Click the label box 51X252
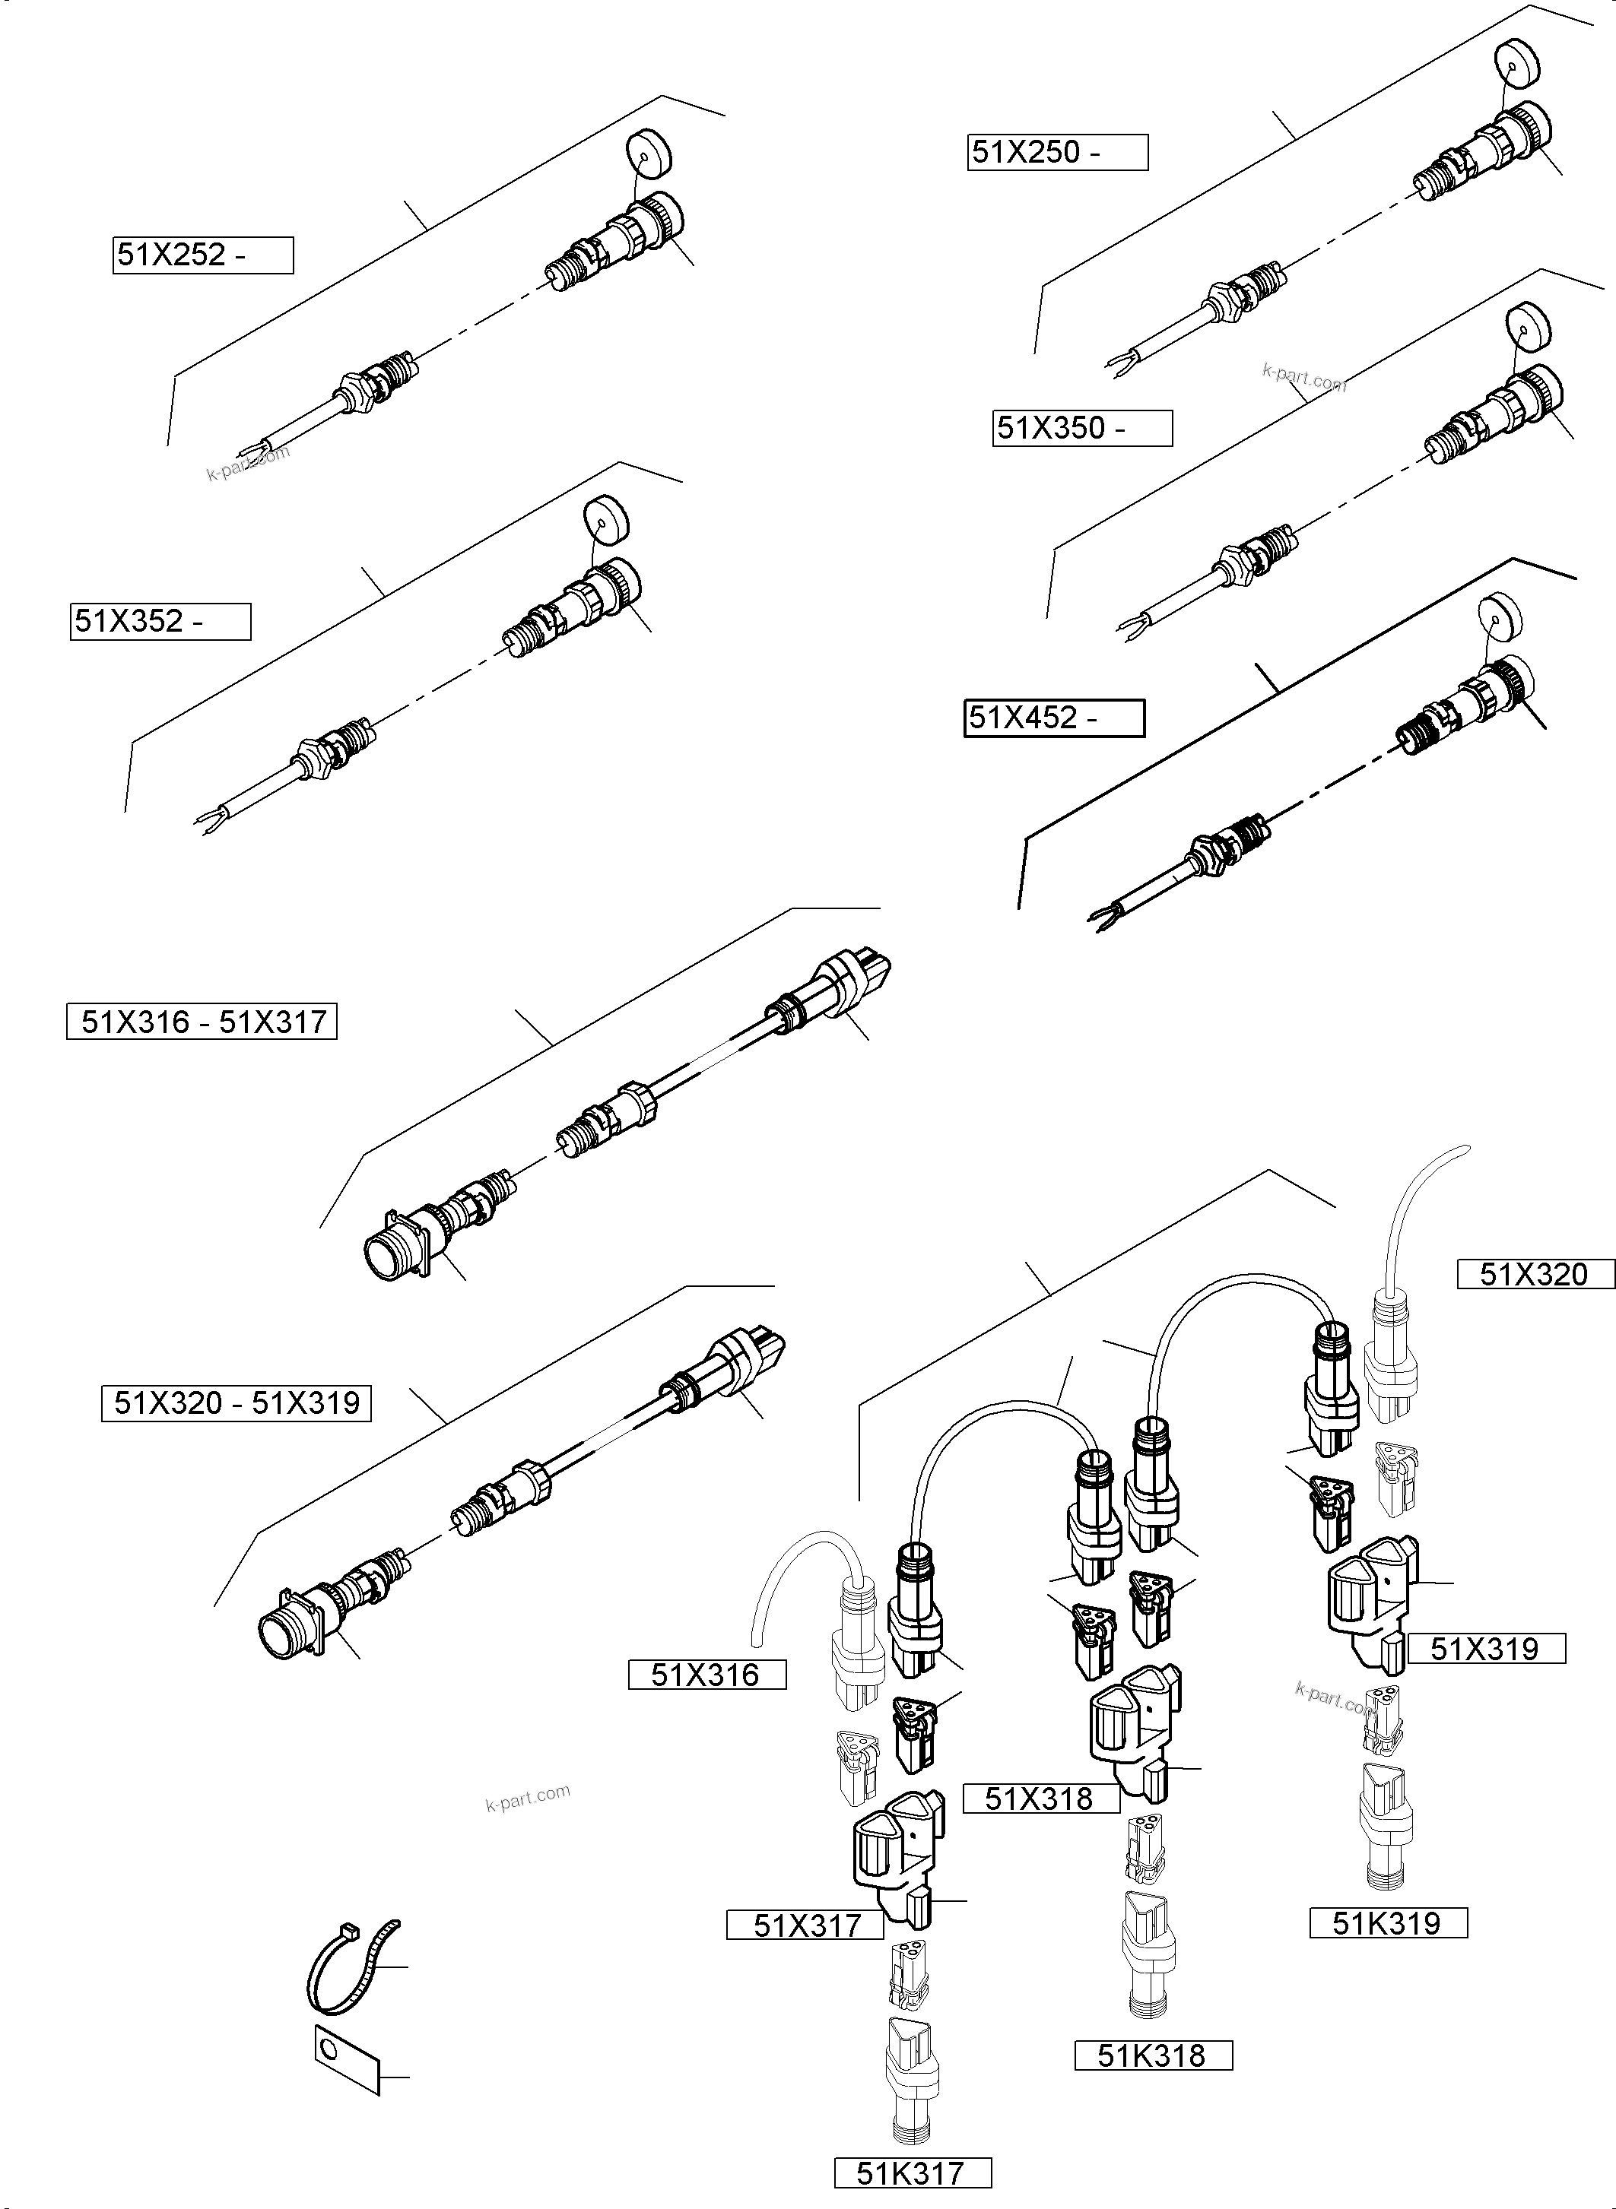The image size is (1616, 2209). tap(202, 255)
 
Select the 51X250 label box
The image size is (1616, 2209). tap(1058, 153)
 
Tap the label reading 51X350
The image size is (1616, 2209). tap(1082, 428)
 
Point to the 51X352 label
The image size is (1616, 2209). tap(160, 622)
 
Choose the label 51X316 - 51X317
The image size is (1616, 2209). tap(202, 1022)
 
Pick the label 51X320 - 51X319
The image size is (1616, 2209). tap(236, 1403)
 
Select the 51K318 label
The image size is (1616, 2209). tap(1152, 2055)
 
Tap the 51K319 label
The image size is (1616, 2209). tap(1388, 1923)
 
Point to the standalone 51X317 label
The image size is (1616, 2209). tap(805, 1925)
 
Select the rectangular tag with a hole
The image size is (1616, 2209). tap(346, 2058)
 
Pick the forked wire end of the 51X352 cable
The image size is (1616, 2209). tap(208, 822)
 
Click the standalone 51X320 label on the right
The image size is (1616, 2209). tap(1534, 1274)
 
